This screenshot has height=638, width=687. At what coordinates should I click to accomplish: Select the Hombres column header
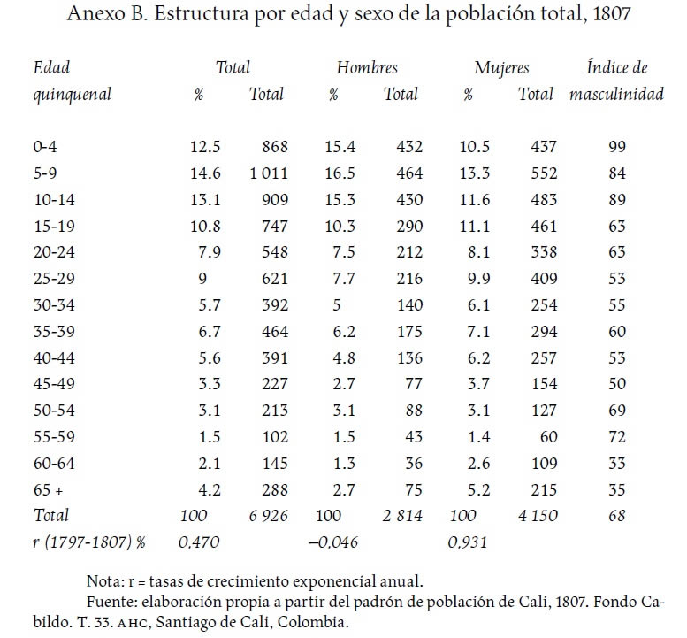click(x=367, y=67)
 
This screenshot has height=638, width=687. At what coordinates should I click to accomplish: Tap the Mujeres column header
click(x=501, y=67)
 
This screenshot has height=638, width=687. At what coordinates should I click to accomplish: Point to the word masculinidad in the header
click(x=616, y=95)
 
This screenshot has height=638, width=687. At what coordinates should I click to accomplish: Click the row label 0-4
click(x=45, y=147)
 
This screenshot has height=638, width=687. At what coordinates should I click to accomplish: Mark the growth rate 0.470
click(x=199, y=542)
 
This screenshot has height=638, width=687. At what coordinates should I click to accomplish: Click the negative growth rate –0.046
click(x=332, y=542)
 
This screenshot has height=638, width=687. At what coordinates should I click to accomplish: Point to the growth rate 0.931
click(x=468, y=542)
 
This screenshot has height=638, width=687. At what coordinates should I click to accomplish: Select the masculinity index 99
click(x=617, y=147)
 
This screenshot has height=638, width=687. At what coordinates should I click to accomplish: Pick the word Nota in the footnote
click(x=104, y=581)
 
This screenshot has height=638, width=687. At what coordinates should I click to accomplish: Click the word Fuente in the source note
click(x=111, y=602)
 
